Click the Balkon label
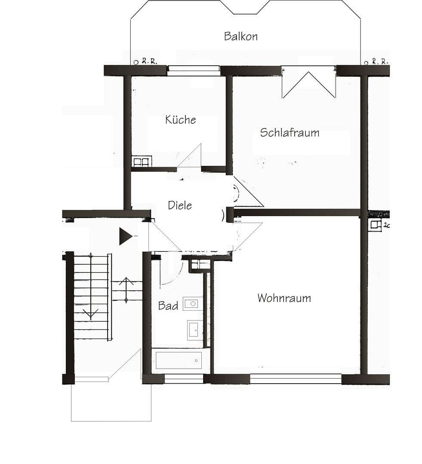(240, 36)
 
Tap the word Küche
(180, 119)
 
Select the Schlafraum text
(290, 132)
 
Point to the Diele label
(180, 205)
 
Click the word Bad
(168, 306)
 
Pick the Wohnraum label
(284, 298)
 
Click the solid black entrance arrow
(125, 236)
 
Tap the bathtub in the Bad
(179, 360)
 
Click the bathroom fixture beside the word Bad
(192, 303)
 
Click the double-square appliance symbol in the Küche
(141, 162)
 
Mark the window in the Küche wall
(193, 70)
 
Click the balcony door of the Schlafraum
(308, 82)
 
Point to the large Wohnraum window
(296, 379)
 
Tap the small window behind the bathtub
(184, 379)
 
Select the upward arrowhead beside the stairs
(126, 281)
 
